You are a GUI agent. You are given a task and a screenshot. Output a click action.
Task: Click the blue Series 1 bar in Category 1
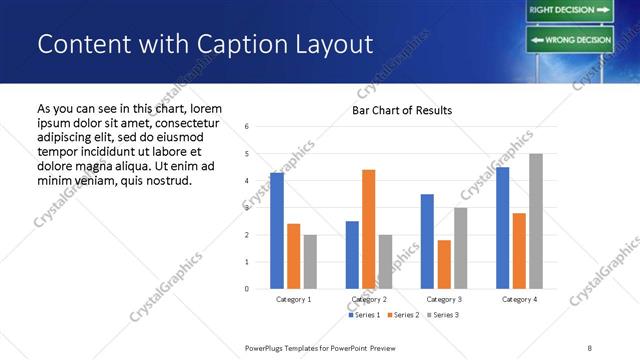tap(277, 231)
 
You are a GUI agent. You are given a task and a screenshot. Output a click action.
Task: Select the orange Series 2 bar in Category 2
tap(368, 229)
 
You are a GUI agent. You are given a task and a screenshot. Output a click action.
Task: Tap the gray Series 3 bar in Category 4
tap(536, 221)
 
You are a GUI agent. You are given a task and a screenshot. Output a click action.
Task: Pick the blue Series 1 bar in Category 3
tap(427, 241)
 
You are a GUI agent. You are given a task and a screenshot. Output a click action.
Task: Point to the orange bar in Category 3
tap(444, 264)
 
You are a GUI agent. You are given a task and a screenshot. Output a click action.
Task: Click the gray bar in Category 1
tap(310, 262)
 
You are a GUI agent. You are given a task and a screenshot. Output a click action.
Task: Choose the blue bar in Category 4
tap(503, 228)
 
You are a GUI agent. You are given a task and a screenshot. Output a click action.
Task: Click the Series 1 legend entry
tap(365, 315)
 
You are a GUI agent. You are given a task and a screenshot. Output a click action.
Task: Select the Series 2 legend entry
tap(402, 315)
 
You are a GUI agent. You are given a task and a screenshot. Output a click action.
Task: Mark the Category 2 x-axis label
tap(369, 299)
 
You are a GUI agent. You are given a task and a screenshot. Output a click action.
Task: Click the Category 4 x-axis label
tap(519, 299)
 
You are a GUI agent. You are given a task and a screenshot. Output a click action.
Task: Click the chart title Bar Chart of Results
tap(402, 110)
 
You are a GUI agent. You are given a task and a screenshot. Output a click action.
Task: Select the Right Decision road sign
tap(569, 10)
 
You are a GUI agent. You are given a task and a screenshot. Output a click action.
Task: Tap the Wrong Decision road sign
tap(569, 40)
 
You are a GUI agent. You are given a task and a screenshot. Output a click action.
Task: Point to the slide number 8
tap(590, 347)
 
